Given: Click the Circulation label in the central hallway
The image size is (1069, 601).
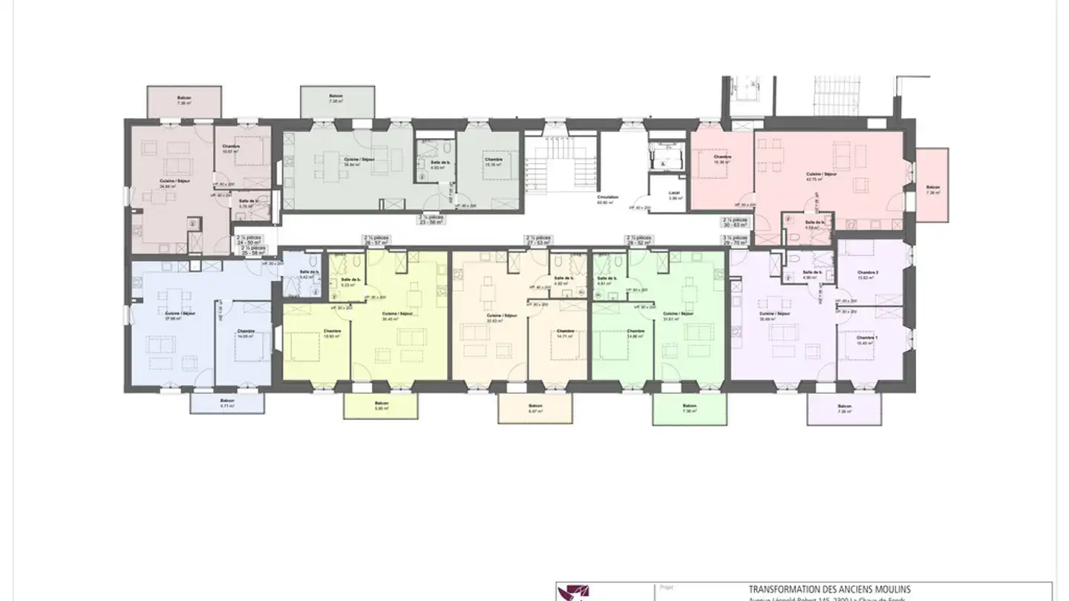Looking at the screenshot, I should pos(607,197).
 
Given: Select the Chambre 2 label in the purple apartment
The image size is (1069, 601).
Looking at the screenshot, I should pos(867,273).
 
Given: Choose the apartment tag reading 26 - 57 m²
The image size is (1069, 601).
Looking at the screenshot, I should pos(376,240).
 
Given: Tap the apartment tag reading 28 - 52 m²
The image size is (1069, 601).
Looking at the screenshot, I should pos(638,240).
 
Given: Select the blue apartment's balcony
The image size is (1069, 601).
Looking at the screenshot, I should pos(227,403).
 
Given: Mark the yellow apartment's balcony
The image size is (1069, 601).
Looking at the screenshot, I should pos(381,406).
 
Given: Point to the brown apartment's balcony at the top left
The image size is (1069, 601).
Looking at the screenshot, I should pos(184,101).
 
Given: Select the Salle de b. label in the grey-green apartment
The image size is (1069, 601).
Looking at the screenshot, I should pos(438,163).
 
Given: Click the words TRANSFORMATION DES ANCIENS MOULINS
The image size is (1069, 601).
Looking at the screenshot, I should pos(828,589).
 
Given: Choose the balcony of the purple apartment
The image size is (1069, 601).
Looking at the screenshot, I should pos(844,409).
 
